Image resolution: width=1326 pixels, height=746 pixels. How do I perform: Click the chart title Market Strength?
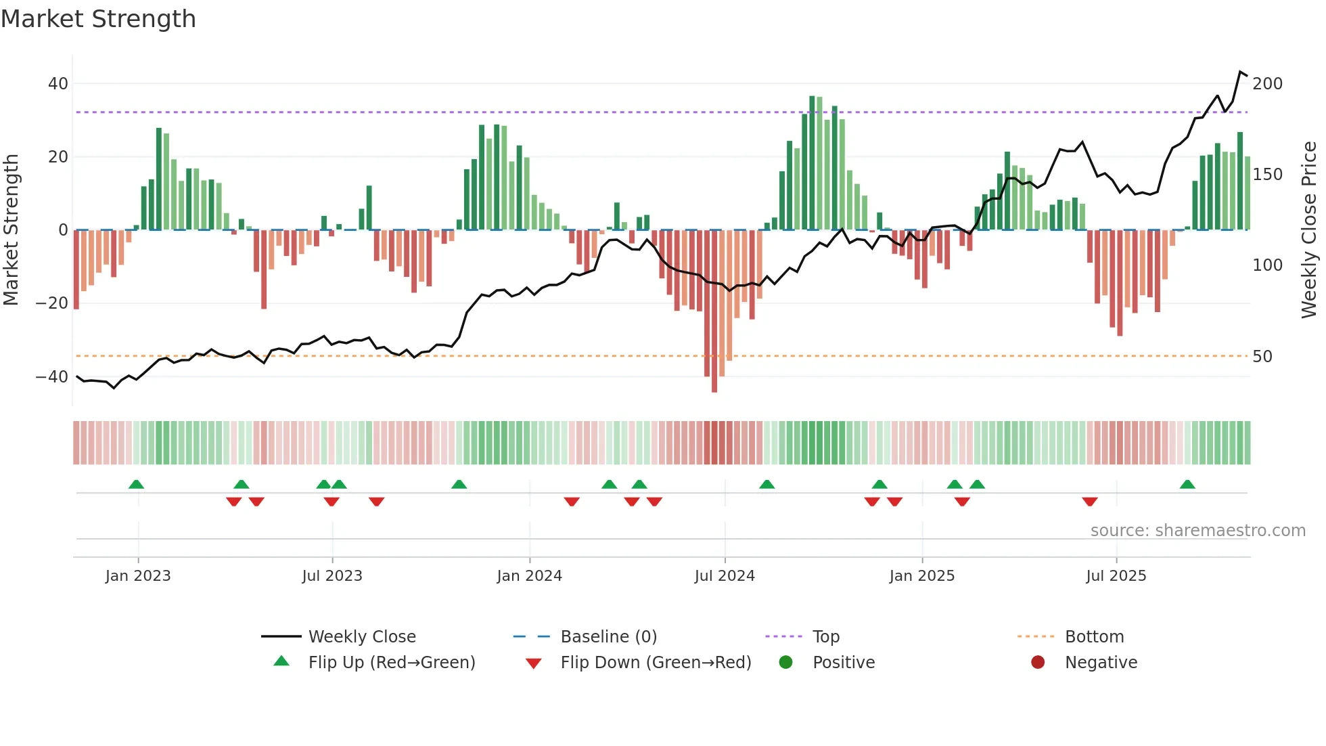[x=98, y=19]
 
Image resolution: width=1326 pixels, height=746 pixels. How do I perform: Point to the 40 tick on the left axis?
[x=58, y=84]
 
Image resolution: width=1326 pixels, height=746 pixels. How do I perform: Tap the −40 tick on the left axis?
[x=53, y=376]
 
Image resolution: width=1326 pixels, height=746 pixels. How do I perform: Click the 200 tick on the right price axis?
[x=1267, y=84]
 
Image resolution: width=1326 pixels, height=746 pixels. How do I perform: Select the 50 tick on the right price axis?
[x=1262, y=357]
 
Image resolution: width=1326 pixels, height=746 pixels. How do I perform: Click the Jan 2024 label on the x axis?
[x=529, y=576]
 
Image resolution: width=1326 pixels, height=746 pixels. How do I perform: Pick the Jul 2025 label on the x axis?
[x=1116, y=576]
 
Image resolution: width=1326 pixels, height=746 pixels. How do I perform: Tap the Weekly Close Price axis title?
[x=1309, y=229]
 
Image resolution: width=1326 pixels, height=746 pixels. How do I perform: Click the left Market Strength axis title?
[x=11, y=229]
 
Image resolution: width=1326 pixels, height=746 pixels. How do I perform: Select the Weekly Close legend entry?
[x=361, y=637]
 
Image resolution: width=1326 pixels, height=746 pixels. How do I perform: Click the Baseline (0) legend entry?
[x=608, y=637]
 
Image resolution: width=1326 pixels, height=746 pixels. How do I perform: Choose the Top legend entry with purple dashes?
[x=825, y=637]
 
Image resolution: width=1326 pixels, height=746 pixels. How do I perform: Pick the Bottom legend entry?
[x=1094, y=637]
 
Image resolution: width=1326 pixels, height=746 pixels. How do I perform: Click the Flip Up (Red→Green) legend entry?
[x=391, y=663]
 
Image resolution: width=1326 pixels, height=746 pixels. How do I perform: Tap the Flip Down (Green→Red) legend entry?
[x=655, y=663]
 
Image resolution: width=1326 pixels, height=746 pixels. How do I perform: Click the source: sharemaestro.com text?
[x=1197, y=531]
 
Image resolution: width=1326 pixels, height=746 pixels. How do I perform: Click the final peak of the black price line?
[x=1241, y=72]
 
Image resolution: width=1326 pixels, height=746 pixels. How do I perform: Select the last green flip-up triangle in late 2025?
[x=1187, y=485]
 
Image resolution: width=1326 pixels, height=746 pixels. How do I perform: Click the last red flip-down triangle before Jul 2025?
[x=1089, y=502]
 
